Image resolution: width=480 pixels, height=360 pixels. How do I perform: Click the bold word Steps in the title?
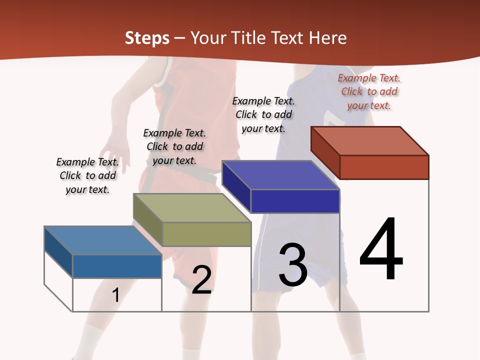147,38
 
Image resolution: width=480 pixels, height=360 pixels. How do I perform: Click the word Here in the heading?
327,38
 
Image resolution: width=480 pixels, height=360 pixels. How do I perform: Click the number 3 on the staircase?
293,265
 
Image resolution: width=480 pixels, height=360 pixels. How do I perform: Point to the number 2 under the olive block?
201,280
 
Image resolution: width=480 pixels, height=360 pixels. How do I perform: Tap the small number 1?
115,295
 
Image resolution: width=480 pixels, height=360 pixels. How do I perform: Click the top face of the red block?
370,140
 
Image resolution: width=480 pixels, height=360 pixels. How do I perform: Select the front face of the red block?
384,167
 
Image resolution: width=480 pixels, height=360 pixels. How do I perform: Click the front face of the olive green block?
206,234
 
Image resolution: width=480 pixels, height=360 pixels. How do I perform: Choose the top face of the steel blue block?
103,240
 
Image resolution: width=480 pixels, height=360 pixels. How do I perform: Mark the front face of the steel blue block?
117,266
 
